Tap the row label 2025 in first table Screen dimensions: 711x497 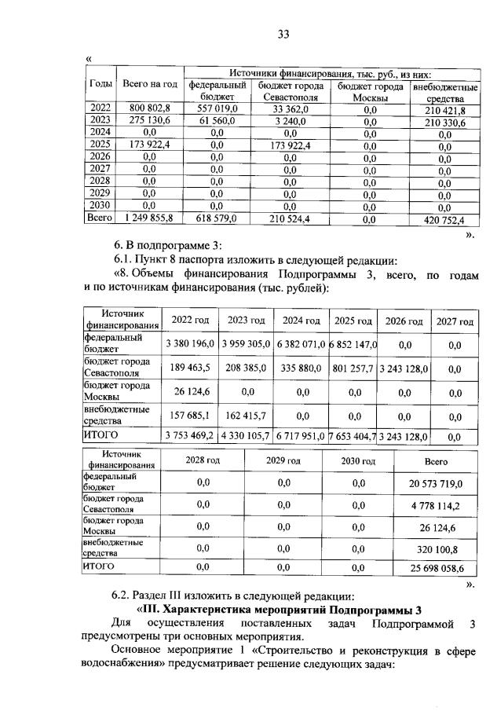[100, 145]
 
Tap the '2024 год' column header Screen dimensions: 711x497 [301, 321]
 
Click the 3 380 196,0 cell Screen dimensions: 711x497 [189, 344]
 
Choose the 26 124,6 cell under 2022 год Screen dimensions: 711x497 [189, 390]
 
